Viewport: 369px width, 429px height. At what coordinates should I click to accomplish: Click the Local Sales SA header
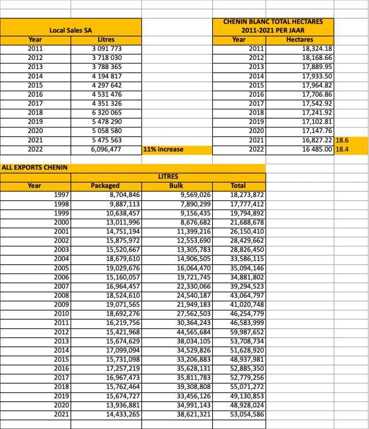click(71, 29)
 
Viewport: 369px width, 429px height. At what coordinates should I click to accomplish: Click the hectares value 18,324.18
click(317, 48)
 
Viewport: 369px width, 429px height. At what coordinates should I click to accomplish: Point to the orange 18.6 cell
click(343, 140)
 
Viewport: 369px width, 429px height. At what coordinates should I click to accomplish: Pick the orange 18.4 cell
click(343, 149)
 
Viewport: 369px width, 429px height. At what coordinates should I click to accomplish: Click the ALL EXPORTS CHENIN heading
click(35, 168)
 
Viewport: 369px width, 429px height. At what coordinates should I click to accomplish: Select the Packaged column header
click(106, 186)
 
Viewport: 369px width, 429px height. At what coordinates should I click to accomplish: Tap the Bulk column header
click(176, 186)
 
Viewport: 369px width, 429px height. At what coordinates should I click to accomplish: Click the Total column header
click(238, 186)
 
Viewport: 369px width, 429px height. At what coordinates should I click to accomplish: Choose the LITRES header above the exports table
click(168, 176)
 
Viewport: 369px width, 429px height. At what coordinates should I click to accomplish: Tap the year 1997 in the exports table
click(61, 195)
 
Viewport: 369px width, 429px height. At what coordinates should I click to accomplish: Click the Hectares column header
click(300, 39)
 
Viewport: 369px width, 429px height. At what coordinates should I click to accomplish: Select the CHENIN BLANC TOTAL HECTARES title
click(272, 25)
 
